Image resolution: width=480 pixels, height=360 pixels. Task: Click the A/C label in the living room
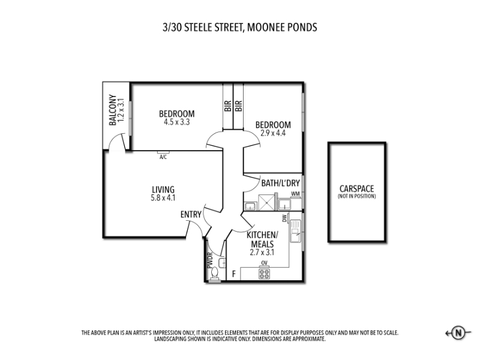(163, 157)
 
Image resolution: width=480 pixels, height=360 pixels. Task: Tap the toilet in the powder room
(215, 274)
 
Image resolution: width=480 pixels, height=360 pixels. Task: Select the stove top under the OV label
(264, 274)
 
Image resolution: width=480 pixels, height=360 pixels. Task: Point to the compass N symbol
(458, 333)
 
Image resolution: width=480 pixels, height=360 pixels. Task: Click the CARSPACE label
(356, 188)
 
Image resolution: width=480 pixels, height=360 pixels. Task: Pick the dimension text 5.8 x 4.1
(163, 198)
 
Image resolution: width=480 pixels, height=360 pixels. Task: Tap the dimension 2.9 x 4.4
(273, 133)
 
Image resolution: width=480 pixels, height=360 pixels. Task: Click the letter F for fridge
(234, 274)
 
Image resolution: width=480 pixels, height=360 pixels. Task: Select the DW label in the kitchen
(284, 218)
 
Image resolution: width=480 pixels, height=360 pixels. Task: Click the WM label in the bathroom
(295, 194)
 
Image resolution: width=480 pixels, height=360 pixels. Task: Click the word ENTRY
(191, 215)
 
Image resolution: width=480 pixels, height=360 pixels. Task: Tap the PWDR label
(209, 260)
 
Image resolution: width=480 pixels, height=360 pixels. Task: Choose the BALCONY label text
(113, 110)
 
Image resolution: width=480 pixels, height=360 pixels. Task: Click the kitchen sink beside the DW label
(296, 232)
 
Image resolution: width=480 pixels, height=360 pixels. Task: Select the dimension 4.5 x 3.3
(176, 122)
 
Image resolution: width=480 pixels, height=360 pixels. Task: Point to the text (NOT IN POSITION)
(356, 196)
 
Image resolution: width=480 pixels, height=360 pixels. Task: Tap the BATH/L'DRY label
(280, 183)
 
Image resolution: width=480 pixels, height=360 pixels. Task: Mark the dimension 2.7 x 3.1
(262, 253)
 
